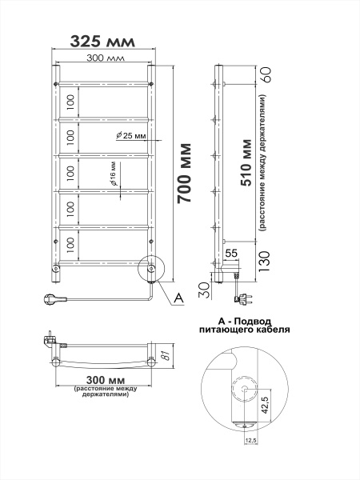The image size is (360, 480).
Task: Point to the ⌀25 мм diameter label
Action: [x=133, y=136]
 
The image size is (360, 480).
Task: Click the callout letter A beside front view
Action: [x=178, y=298]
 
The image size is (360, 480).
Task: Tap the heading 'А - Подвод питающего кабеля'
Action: [x=243, y=324]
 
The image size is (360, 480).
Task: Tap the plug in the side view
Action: [x=238, y=300]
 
